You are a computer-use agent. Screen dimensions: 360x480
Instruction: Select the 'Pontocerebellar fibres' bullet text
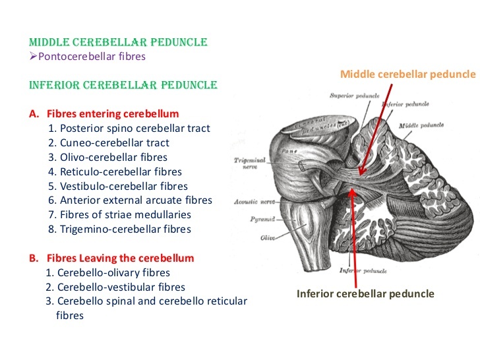(x=92, y=56)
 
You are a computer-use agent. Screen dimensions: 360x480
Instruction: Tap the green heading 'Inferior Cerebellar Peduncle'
(x=123, y=85)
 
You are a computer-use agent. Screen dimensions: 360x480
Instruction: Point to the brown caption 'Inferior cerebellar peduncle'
(x=365, y=293)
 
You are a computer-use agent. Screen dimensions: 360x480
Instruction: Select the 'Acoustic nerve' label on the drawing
(x=253, y=202)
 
